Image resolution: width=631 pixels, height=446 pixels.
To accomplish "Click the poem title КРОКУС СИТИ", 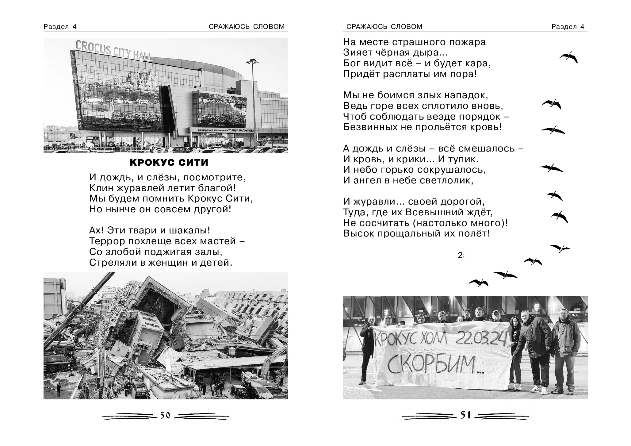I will [x=169, y=163].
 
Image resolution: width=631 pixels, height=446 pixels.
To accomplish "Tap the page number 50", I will [x=165, y=416].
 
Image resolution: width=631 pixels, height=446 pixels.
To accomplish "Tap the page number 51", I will [x=466, y=415].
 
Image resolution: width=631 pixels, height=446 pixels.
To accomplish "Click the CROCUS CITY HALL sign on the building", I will [x=113, y=51].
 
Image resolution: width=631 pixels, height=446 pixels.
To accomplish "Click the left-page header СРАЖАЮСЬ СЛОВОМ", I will [x=247, y=27].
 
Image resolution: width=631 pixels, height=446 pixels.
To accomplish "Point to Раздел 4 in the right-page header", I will [x=568, y=27].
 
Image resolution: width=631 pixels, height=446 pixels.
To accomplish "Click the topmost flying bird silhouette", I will [x=569, y=57].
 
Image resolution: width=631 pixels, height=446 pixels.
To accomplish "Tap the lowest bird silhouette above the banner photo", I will [x=479, y=283].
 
